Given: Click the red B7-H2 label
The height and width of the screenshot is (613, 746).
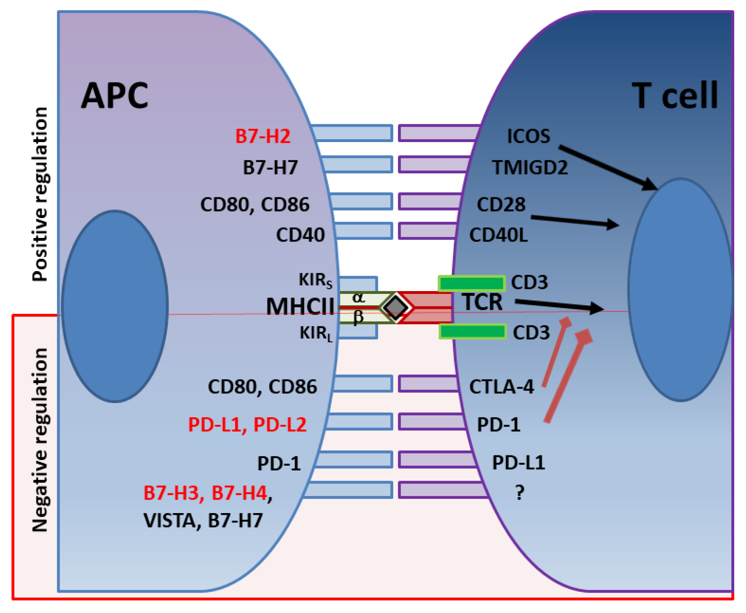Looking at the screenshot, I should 263,136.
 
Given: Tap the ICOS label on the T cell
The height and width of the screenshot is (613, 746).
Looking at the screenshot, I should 528,136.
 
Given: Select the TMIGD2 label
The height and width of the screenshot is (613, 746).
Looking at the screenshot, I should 529,167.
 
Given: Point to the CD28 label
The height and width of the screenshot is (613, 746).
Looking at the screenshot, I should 501,205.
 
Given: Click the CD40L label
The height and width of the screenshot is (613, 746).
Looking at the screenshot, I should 498,235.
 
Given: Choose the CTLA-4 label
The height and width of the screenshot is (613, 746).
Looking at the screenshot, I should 502,387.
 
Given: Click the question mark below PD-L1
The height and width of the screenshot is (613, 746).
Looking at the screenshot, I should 520,493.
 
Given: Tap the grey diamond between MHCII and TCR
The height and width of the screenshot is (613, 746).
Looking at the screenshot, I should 396,307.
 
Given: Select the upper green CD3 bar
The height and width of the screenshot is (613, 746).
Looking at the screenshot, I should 472,283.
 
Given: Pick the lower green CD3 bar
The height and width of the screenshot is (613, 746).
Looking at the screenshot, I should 473,331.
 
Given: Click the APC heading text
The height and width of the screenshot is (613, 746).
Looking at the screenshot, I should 115,96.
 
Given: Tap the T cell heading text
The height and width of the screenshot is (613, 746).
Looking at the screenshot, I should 674,96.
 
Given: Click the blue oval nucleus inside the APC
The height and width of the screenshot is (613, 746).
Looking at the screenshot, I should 115,306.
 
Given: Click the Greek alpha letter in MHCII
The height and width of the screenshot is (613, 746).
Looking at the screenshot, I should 358,298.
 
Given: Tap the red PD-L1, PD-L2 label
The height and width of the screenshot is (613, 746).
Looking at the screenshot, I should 247,425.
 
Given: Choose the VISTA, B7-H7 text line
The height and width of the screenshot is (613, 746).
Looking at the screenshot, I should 203,520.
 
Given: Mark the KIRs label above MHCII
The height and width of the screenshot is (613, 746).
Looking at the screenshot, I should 315,280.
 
